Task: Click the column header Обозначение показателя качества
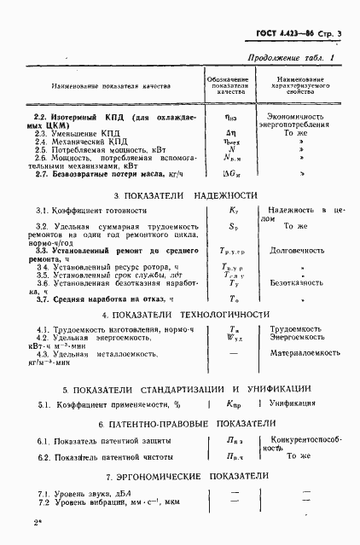pyautogui.click(x=230, y=86)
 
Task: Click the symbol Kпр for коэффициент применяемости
pyautogui.click(x=234, y=403)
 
